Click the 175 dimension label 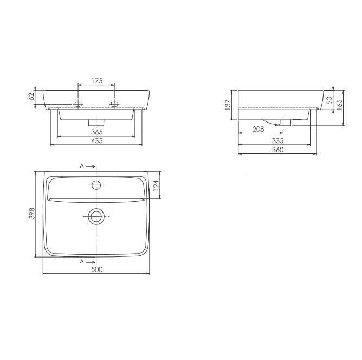(96, 81)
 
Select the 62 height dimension (31, 97)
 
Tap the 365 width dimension (97, 132)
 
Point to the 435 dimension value (97, 141)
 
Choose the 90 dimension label (328, 100)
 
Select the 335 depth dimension (277, 140)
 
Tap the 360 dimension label (277, 150)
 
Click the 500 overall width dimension (97, 269)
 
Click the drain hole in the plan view (97, 216)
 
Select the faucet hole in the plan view (97, 185)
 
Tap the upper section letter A (82, 166)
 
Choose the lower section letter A (82, 261)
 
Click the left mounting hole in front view (79, 103)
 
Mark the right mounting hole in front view (114, 103)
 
